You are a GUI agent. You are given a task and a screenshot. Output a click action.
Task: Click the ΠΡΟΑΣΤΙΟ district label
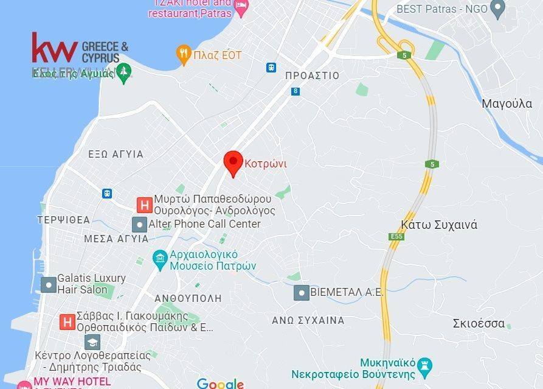click(x=312, y=75)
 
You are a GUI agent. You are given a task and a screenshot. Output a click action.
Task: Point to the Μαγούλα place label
click(x=507, y=103)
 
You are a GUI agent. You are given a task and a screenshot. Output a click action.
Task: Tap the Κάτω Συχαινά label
click(x=439, y=225)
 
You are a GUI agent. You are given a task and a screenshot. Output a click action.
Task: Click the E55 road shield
click(x=396, y=236)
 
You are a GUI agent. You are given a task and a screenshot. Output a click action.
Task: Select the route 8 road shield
click(x=296, y=91)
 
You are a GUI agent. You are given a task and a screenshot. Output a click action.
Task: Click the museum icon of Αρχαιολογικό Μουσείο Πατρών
click(x=160, y=259)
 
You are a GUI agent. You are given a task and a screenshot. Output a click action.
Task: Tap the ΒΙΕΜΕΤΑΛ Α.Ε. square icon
click(x=301, y=293)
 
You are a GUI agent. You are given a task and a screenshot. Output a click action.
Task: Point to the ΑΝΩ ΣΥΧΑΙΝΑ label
click(x=308, y=320)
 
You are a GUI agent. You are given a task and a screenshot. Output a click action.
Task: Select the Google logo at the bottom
click(x=220, y=384)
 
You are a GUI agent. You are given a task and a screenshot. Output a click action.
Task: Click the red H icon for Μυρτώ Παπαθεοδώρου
click(x=144, y=205)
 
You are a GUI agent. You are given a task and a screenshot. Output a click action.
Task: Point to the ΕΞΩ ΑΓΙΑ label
click(x=116, y=155)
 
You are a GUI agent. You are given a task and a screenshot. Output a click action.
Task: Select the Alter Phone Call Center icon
click(x=140, y=224)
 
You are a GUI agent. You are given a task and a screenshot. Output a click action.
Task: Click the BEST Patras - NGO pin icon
click(x=498, y=9)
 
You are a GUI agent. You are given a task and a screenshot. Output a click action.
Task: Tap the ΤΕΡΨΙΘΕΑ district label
click(x=63, y=220)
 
